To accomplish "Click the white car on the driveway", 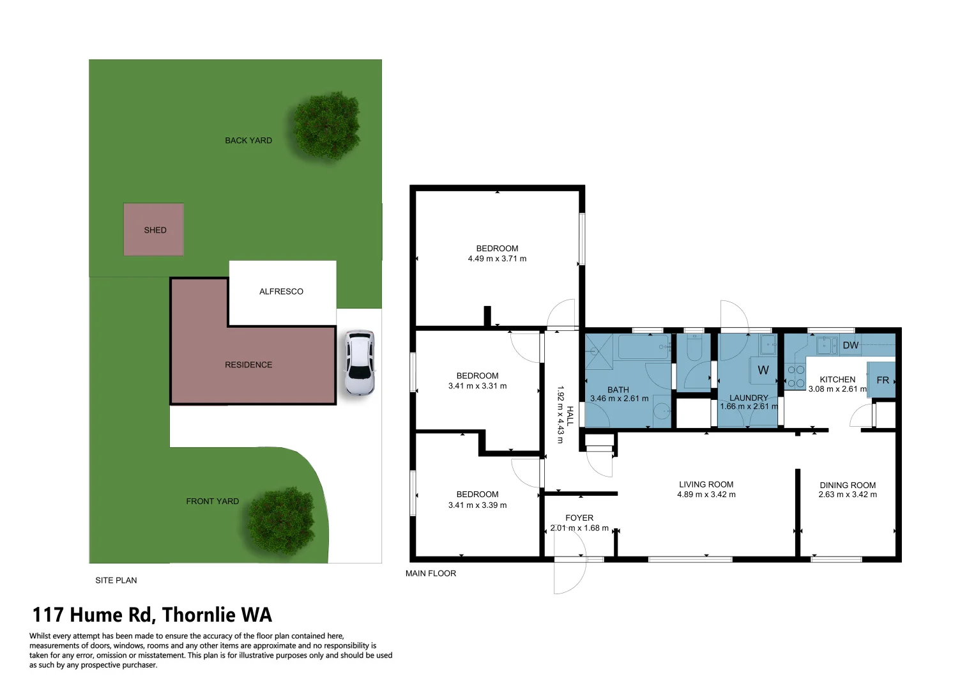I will [x=359, y=363].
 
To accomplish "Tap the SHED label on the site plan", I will [x=155, y=230].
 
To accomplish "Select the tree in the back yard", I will [x=326, y=125].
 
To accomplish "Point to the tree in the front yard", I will [x=282, y=520].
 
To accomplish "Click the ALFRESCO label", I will [x=281, y=291].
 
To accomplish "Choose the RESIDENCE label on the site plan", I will [x=248, y=365].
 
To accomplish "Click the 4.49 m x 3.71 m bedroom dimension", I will [x=497, y=259].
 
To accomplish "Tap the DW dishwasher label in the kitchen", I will [x=850, y=346].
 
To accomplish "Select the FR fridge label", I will [x=882, y=380].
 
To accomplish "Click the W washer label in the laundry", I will [x=763, y=370].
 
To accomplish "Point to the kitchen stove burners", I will [x=795, y=376].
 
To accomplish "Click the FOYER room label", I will [x=579, y=517].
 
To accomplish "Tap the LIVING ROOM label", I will [x=706, y=484].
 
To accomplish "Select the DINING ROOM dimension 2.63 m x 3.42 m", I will [x=847, y=494].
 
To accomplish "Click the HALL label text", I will [x=570, y=415].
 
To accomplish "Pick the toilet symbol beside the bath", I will [x=693, y=349].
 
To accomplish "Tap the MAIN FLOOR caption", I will [x=431, y=573].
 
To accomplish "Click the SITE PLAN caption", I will [x=116, y=580].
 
